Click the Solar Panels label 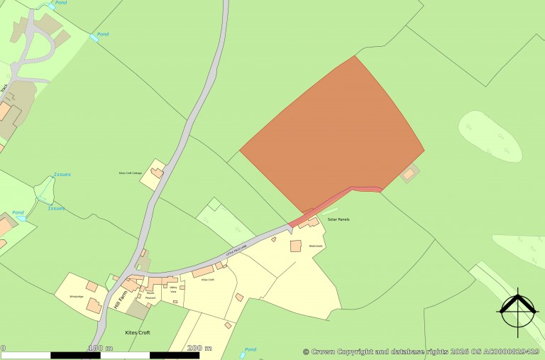click(x=338, y=219)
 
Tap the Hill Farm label click(x=120, y=305)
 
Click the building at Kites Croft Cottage click(x=157, y=173)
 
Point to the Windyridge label click(x=77, y=296)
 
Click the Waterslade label click(x=316, y=246)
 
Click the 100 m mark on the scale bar click(x=100, y=348)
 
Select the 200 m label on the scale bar click(x=199, y=348)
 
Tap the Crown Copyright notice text click(x=422, y=351)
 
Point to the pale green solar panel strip click(x=331, y=211)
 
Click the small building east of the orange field click(x=409, y=173)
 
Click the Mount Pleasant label click(x=150, y=296)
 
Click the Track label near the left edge click(x=4, y=88)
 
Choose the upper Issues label click(x=62, y=174)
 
